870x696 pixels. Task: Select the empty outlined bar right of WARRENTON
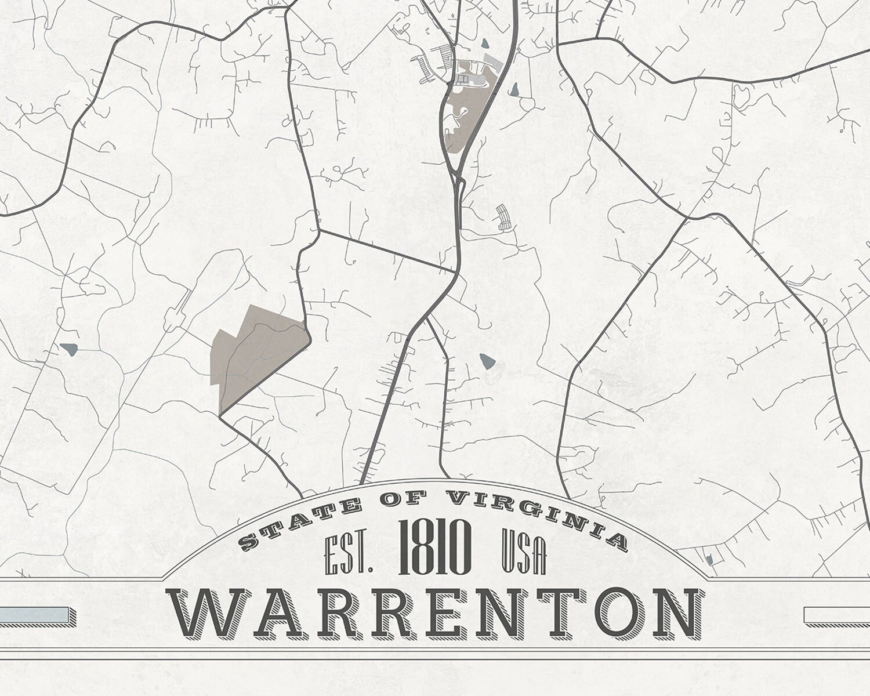coord(837,615)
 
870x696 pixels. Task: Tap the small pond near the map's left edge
coord(68,349)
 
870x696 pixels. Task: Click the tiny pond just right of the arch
coord(709,560)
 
